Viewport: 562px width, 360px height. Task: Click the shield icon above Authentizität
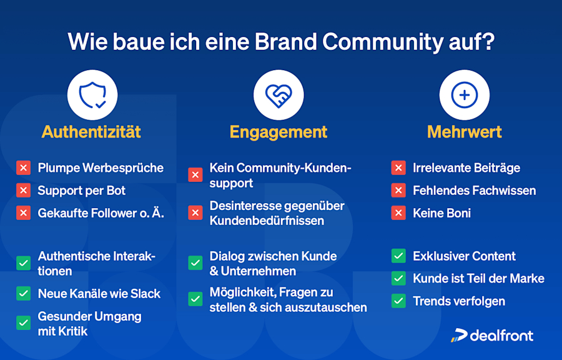click(92, 95)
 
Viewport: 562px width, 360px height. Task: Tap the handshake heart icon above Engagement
click(279, 95)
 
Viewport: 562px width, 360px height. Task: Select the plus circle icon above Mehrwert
click(464, 95)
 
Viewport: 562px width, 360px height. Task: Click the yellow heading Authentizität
click(91, 132)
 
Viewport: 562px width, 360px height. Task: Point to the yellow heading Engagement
click(279, 132)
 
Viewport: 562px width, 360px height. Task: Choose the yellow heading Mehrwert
click(465, 132)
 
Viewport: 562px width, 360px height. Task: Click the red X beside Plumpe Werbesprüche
click(24, 168)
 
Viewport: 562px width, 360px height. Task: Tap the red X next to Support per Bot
click(24, 191)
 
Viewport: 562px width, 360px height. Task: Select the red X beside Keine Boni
click(398, 213)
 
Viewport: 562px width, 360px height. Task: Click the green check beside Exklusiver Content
click(398, 256)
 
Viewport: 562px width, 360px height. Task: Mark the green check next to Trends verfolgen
click(398, 301)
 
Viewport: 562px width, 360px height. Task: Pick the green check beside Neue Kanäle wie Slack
click(24, 294)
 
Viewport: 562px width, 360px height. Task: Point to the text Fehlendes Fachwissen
click(474, 191)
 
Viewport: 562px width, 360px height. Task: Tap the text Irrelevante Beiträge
click(466, 168)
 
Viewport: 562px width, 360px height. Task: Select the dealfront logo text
click(501, 336)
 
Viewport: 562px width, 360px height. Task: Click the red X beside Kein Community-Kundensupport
click(195, 176)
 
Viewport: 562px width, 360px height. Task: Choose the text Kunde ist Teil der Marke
click(478, 279)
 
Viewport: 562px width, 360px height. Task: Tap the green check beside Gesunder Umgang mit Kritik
click(24, 323)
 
